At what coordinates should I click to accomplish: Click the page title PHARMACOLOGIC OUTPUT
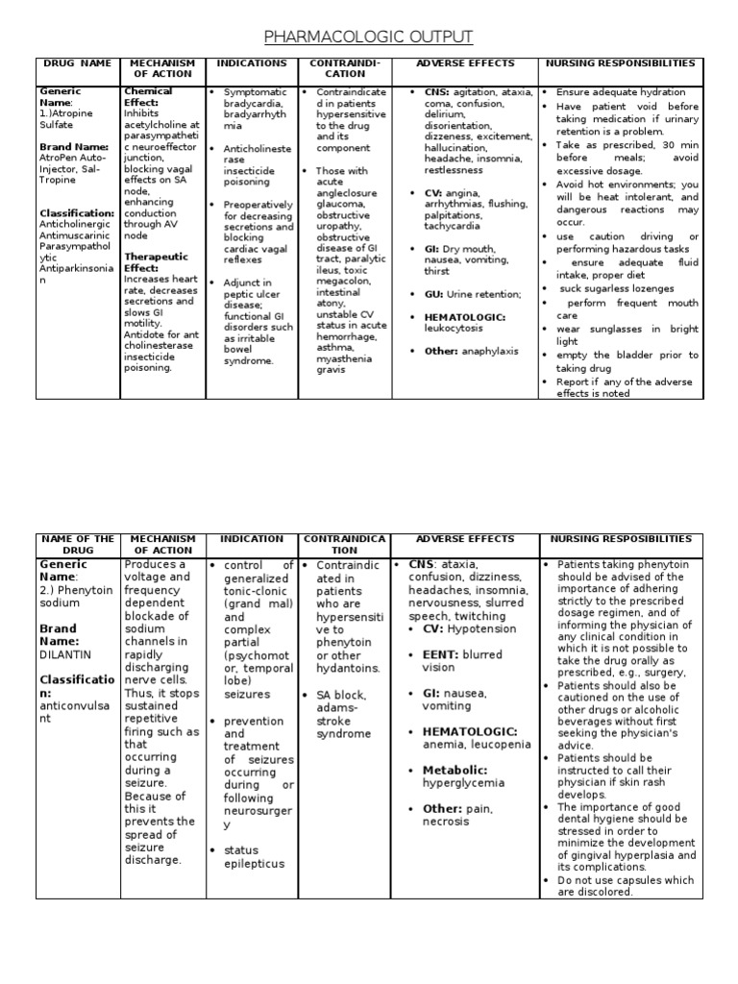pyautogui.click(x=369, y=37)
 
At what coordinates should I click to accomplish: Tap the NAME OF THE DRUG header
pyautogui.click(x=77, y=545)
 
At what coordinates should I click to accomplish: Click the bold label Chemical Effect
pyautogui.click(x=148, y=97)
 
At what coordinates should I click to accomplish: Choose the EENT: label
pyautogui.click(x=441, y=654)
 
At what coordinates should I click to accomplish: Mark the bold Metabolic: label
pyautogui.click(x=455, y=770)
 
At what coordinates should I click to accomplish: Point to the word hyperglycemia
pyautogui.click(x=463, y=783)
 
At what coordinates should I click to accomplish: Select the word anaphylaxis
pyautogui.click(x=490, y=351)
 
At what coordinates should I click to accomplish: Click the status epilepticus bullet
pyautogui.click(x=254, y=856)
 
